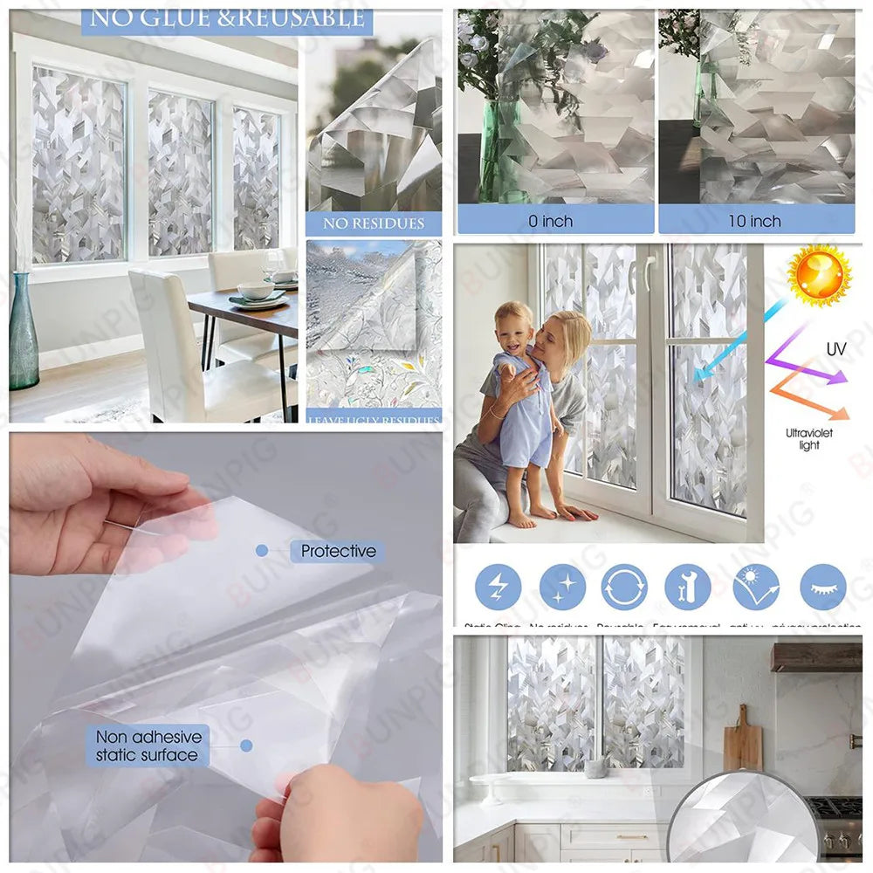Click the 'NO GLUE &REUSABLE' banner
tap(227, 18)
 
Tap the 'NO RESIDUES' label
tap(374, 223)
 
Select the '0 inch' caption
tap(551, 221)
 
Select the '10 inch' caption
tap(754, 221)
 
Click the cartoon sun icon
tap(818, 275)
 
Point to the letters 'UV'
tap(835, 349)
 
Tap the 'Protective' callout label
tap(338, 551)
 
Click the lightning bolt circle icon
tap(498, 587)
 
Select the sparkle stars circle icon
tap(562, 587)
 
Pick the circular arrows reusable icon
tap(624, 587)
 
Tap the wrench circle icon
tap(687, 587)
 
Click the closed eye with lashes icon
tap(823, 587)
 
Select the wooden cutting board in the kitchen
tap(742, 741)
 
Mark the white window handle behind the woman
tap(649, 272)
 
